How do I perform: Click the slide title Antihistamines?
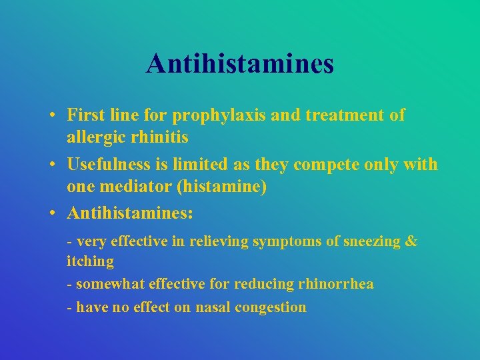click(240, 64)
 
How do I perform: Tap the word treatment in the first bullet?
click(343, 115)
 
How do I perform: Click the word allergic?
click(94, 138)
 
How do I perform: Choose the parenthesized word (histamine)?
click(222, 187)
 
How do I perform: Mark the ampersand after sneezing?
click(411, 241)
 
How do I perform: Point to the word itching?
click(90, 261)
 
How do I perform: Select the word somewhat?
click(107, 284)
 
